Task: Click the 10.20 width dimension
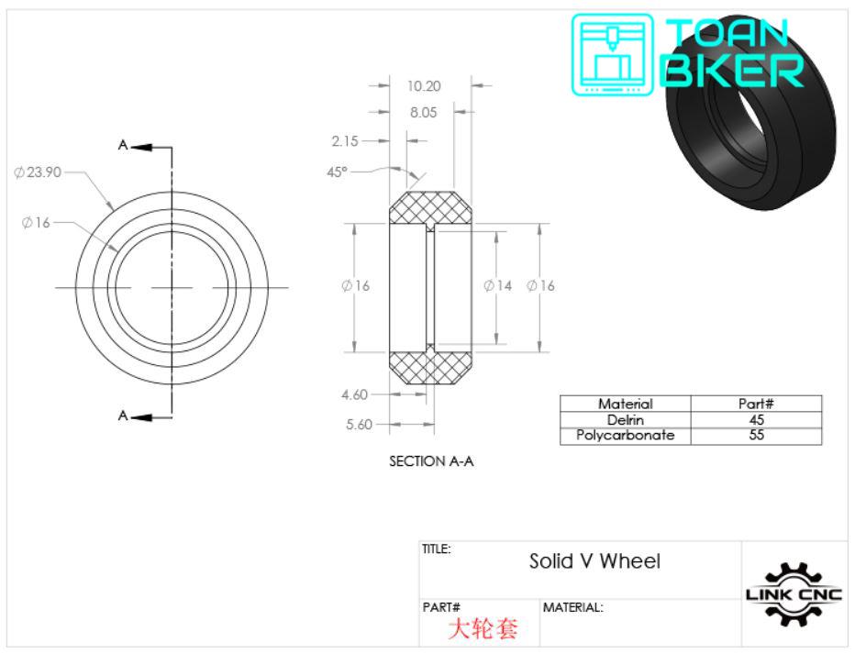pos(424,86)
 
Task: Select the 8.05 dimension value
pos(424,113)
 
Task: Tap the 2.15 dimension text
pos(345,141)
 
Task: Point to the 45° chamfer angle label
pos(338,172)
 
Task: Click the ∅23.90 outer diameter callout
pos(37,172)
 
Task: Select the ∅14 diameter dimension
pos(497,286)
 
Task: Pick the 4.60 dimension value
pos(354,394)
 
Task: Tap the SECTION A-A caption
pos(431,461)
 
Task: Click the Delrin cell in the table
pos(625,419)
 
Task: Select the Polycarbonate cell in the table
pos(625,436)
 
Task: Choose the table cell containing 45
pos(756,419)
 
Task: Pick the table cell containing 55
pos(756,436)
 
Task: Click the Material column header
pos(625,404)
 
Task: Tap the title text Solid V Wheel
pos(594,560)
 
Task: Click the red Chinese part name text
pos(483,628)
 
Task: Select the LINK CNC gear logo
pos(794,593)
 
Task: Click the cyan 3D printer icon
pos(613,54)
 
